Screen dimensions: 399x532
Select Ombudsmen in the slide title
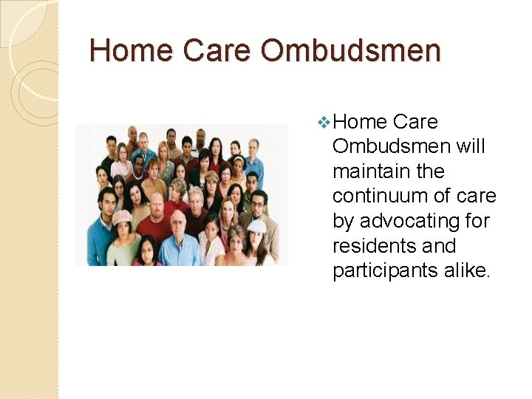click(350, 51)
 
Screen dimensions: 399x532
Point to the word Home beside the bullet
click(360, 122)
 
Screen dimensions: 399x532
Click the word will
click(471, 146)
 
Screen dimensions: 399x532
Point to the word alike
click(467, 270)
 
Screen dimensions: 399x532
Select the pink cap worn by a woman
click(122, 216)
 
